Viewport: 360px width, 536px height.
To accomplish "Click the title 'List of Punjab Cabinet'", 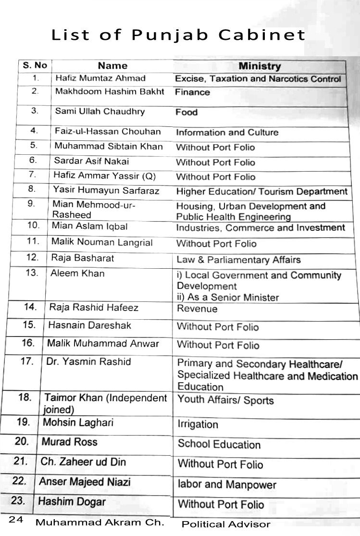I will (178, 35).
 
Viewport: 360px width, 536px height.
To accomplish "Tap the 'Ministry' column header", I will (260, 66).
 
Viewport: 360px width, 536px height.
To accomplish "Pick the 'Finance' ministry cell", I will (192, 92).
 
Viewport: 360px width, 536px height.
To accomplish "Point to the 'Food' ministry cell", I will (186, 112).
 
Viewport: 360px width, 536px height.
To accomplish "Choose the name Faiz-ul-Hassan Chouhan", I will (108, 132).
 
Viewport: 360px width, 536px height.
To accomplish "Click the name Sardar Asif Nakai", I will (91, 161).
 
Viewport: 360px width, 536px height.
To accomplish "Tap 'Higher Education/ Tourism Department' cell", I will (261, 192).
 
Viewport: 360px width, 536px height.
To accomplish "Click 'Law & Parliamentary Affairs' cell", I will (238, 260).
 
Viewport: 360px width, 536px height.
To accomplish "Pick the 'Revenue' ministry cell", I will (197, 309).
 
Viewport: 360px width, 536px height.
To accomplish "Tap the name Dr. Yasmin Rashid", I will (88, 361).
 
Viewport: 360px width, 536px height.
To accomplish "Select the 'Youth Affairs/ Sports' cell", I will (225, 400).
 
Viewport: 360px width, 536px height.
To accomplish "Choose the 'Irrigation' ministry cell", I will (198, 424).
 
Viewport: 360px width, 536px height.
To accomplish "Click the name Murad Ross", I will (69, 442).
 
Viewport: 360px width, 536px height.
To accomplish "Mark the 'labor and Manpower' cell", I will (227, 485).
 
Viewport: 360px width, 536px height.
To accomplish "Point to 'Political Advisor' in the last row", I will (226, 524).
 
